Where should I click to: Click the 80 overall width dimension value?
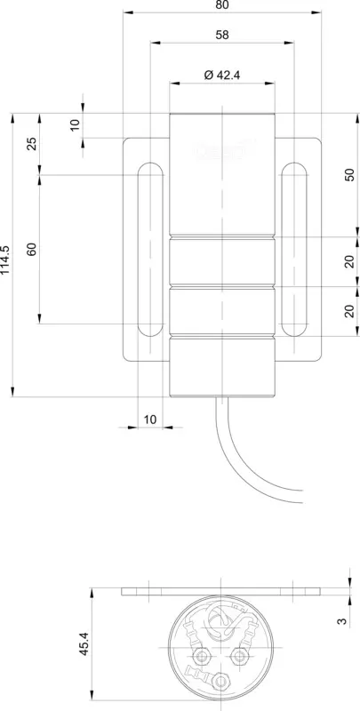click(x=222, y=5)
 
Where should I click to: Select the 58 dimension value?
click(x=222, y=35)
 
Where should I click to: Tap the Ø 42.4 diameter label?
click(x=221, y=75)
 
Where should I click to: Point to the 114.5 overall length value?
click(x=5, y=260)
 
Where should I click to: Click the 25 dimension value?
click(x=32, y=144)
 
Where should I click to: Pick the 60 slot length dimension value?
click(x=32, y=249)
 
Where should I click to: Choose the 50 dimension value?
click(x=350, y=174)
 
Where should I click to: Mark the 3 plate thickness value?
click(x=343, y=619)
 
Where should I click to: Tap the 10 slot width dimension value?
click(x=150, y=419)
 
